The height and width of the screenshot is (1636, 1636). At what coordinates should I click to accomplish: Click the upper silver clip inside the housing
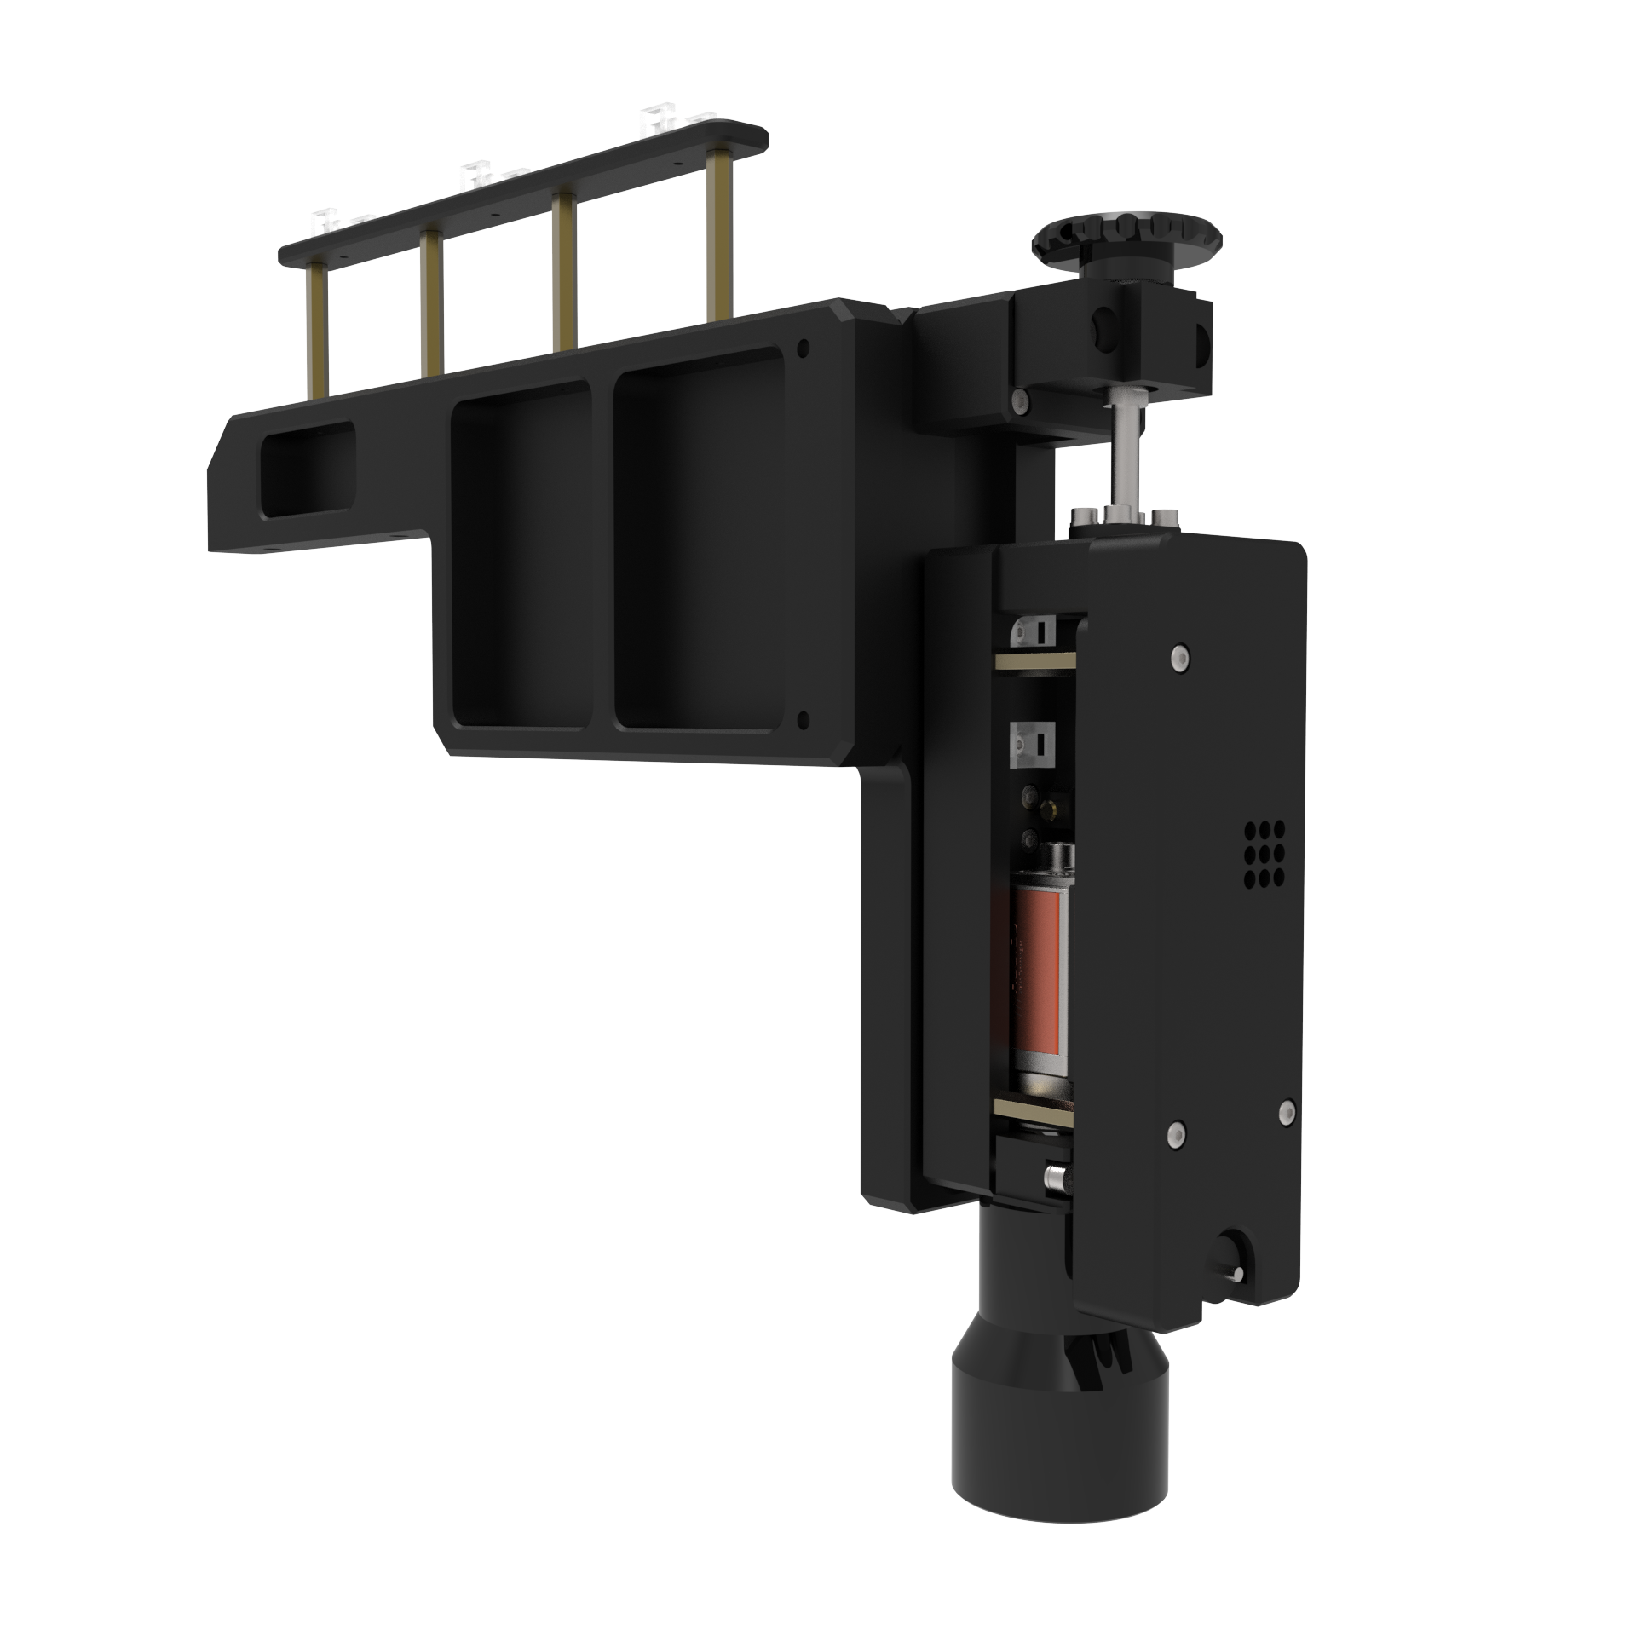tap(1033, 631)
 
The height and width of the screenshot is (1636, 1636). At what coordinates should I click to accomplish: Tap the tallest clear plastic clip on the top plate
tap(657, 118)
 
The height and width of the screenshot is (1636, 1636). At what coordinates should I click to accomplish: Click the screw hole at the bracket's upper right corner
tap(802, 348)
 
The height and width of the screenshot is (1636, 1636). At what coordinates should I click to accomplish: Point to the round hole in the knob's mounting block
tap(1101, 326)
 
